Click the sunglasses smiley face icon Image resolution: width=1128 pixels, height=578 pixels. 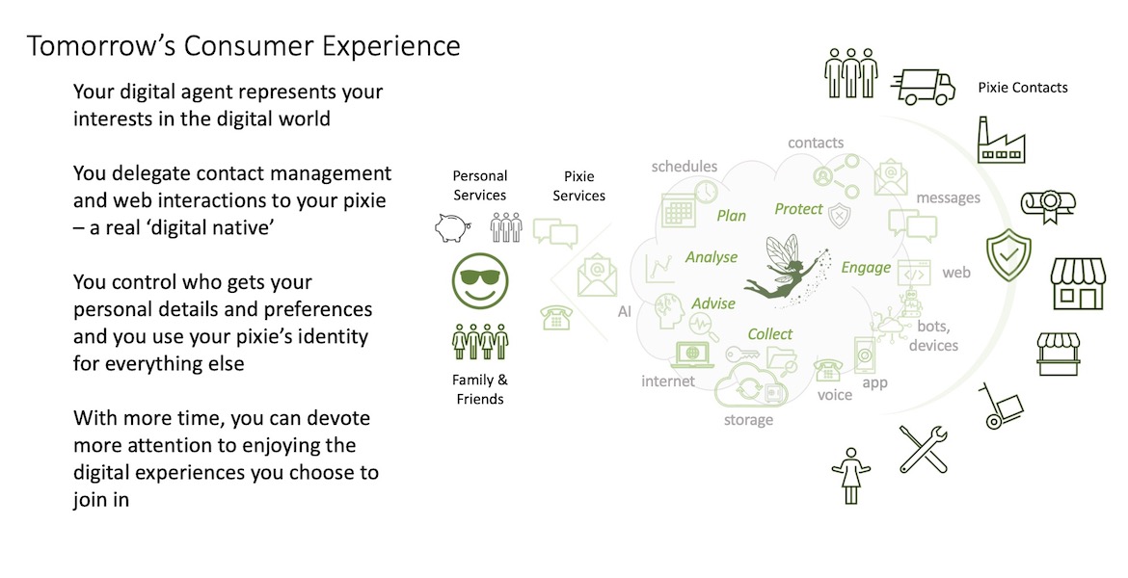(479, 278)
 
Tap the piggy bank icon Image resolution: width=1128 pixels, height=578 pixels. (451, 226)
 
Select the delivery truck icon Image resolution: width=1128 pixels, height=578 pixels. (923, 86)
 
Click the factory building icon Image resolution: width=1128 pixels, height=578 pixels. (1001, 141)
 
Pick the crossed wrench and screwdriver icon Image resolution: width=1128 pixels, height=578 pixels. (923, 448)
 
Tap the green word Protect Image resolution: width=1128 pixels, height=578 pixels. (798, 209)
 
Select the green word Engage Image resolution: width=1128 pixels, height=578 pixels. (866, 268)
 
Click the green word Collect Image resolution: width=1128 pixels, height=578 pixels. (770, 334)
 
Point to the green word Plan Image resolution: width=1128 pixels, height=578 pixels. (732, 216)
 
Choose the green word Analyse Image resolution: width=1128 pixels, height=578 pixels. (711, 257)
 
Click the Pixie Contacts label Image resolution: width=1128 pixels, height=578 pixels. (1022, 88)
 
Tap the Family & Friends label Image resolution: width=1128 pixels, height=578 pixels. (480, 389)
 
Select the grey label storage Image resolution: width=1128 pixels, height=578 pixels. (748, 420)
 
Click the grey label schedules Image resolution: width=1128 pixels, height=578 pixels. (685, 166)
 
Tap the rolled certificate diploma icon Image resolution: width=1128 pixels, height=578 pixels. (1048, 204)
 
